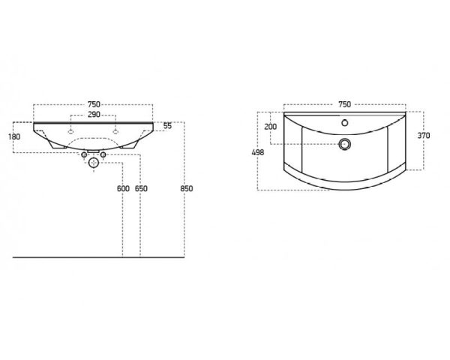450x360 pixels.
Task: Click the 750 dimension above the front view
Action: point(94,104)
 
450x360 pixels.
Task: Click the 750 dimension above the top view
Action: point(345,104)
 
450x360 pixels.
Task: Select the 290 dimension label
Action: point(94,115)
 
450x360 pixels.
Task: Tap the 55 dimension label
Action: point(167,126)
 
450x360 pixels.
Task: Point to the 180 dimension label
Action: point(14,136)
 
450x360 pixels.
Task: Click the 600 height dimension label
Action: point(123,188)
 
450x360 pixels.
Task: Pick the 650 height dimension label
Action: point(141,188)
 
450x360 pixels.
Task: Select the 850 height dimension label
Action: point(187,188)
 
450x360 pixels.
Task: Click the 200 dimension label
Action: point(270,127)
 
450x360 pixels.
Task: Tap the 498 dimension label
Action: point(258,152)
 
